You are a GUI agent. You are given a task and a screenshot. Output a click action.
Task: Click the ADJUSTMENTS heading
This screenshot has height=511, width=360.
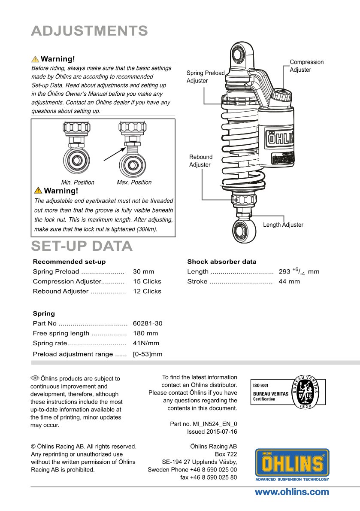pos(89,31)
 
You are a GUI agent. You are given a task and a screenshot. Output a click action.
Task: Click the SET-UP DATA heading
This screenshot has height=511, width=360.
pos(82,246)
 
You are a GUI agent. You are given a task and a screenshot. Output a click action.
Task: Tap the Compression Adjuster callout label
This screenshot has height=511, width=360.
pos(306,66)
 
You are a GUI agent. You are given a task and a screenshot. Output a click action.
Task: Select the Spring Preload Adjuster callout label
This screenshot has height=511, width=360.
pos(206,77)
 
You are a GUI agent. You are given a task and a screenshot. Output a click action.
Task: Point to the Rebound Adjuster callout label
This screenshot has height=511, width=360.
pos(200,161)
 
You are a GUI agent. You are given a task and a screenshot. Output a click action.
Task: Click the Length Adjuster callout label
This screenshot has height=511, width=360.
pos(283,225)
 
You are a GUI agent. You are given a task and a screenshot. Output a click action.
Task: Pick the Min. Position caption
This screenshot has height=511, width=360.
pos(78,182)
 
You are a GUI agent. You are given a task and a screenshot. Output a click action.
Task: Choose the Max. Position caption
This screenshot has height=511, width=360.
pos(134,182)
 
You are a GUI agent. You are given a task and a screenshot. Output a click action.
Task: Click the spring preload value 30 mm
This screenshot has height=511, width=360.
pos(143,272)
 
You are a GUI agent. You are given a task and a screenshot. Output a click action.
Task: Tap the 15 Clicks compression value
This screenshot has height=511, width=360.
pos(147,282)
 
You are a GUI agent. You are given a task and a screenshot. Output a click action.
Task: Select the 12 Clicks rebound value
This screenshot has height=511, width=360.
pos(147,292)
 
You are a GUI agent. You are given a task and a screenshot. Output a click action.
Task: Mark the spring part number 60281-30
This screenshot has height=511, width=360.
pos(148,324)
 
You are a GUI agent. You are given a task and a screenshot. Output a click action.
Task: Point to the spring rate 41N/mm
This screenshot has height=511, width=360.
pos(146,344)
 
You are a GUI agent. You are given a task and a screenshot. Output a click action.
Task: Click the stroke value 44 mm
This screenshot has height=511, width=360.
pos(289,282)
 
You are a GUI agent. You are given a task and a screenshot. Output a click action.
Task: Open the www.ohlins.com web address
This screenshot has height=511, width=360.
pos(292,492)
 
